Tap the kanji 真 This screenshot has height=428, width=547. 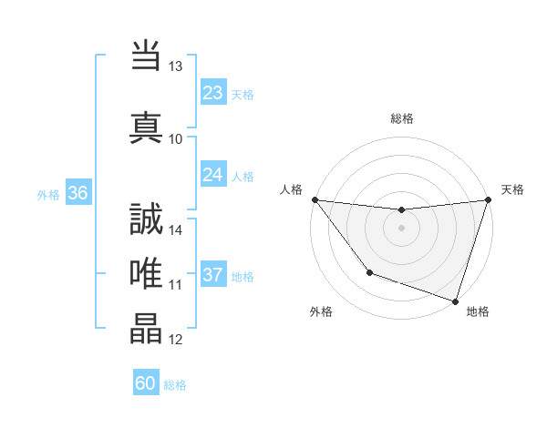pyautogui.click(x=146, y=127)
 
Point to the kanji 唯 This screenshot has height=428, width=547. pyautogui.click(x=146, y=270)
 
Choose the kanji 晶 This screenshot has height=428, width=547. pyautogui.click(x=146, y=327)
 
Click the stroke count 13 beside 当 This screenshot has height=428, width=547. pyautogui.click(x=176, y=66)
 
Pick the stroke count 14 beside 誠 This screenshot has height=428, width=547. pyautogui.click(x=176, y=229)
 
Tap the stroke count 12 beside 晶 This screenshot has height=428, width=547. pyautogui.click(x=176, y=339)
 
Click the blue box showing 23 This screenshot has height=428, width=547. pyautogui.click(x=212, y=92)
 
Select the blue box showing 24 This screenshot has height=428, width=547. pyautogui.click(x=212, y=175)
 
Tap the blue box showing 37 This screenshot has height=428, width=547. pyautogui.click(x=212, y=275)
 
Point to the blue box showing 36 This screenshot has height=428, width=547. pyautogui.click(x=77, y=193)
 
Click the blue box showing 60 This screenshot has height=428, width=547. pyautogui.click(x=146, y=383)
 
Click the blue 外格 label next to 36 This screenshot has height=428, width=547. pyautogui.click(x=48, y=194)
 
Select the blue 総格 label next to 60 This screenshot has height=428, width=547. pyautogui.click(x=176, y=385)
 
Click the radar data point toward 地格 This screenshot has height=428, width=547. pyautogui.click(x=455, y=301)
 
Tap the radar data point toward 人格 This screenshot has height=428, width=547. pyautogui.click(x=315, y=199)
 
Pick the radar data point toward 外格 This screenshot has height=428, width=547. pyautogui.click(x=369, y=272)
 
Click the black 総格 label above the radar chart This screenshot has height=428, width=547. pyautogui.click(x=402, y=118)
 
